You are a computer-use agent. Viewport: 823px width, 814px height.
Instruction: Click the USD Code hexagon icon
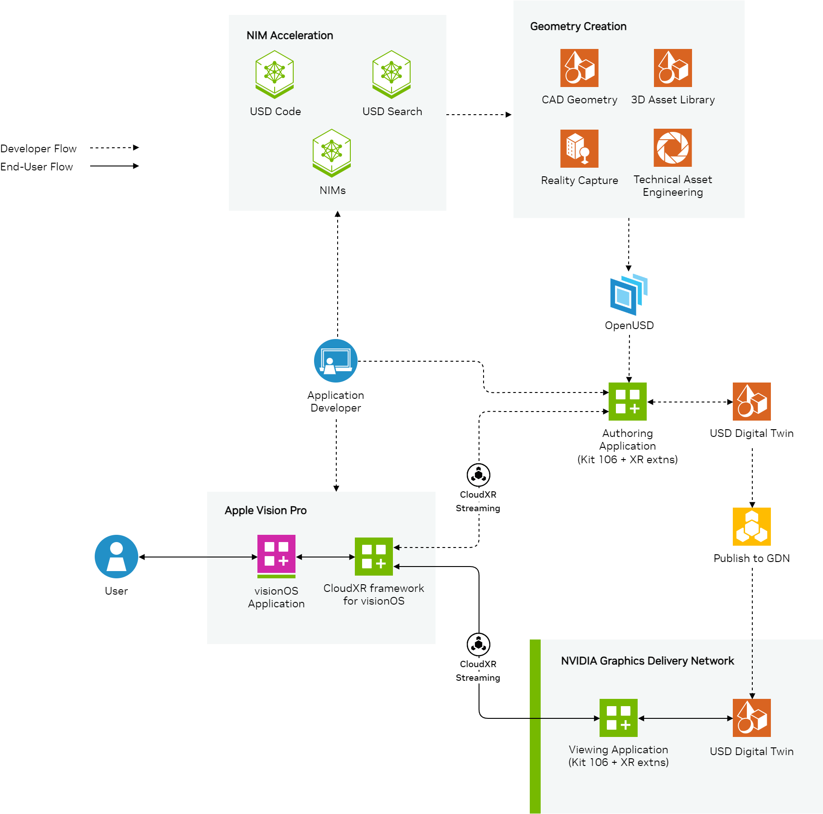click(x=275, y=74)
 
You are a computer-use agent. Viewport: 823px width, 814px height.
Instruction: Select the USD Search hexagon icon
click(x=392, y=74)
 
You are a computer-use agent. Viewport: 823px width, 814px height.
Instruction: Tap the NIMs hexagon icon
click(x=332, y=153)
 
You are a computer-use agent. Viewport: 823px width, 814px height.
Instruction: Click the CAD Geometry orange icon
click(x=579, y=68)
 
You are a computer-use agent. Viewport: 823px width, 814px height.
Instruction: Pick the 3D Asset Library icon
click(x=673, y=68)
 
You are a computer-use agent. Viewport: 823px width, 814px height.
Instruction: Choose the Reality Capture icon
click(x=579, y=149)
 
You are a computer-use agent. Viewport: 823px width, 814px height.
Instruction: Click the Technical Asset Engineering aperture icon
click(x=673, y=148)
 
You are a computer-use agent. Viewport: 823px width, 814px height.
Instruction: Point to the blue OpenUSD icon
click(x=629, y=295)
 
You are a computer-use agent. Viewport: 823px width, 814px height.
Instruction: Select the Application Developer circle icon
click(x=336, y=361)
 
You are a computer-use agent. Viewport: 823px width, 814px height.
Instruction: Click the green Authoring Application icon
click(x=628, y=402)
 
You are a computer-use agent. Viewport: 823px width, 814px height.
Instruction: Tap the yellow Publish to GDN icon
click(x=752, y=527)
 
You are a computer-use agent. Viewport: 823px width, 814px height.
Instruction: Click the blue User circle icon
click(x=116, y=557)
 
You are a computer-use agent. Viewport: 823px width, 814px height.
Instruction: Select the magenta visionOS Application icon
click(x=276, y=555)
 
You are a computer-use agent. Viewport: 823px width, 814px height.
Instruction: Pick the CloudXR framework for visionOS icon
click(x=374, y=557)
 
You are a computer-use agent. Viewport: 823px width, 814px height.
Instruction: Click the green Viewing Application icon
click(x=619, y=718)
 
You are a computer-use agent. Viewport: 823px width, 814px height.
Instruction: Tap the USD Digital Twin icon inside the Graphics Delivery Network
click(x=752, y=718)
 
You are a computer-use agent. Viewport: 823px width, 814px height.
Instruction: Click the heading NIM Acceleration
click(x=290, y=35)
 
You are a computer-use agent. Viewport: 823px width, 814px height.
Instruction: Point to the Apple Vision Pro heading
click(x=266, y=510)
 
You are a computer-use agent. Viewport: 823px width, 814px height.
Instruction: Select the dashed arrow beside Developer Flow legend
click(x=114, y=148)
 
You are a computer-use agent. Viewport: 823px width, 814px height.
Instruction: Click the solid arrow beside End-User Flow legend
click(x=114, y=166)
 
